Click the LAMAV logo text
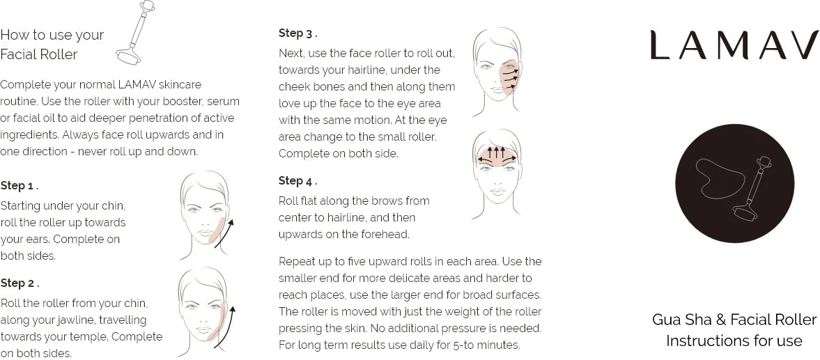coord(734,45)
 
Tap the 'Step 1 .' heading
coord(20,185)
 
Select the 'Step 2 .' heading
coord(20,283)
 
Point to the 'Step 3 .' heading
coord(298,33)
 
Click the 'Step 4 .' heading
coord(298,181)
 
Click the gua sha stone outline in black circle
coord(718,178)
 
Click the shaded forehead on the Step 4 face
coord(497,156)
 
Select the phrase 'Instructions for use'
coord(734,341)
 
